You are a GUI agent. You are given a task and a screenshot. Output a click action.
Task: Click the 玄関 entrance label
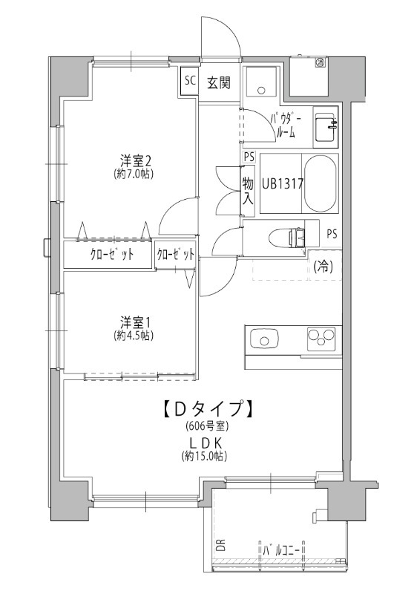(218, 82)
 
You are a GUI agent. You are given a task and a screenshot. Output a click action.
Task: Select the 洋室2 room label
(137, 160)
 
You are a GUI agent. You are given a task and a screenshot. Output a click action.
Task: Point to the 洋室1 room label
(137, 322)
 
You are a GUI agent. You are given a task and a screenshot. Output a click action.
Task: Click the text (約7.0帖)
(134, 174)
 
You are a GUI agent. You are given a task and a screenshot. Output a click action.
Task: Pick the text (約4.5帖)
(134, 336)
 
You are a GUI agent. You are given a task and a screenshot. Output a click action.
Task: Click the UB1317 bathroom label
(281, 183)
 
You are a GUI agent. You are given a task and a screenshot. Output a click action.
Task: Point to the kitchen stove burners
(322, 337)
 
